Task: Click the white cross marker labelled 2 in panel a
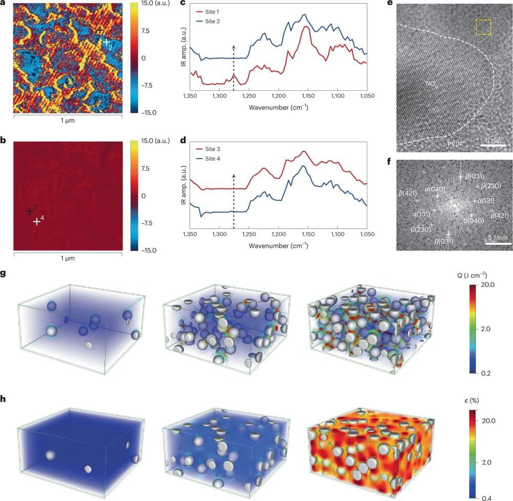(x=106, y=42)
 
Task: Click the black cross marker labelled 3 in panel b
(x=30, y=211)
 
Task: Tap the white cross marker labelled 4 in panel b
(x=36, y=222)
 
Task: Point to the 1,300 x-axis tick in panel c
(x=219, y=96)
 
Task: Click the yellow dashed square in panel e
(x=484, y=27)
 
